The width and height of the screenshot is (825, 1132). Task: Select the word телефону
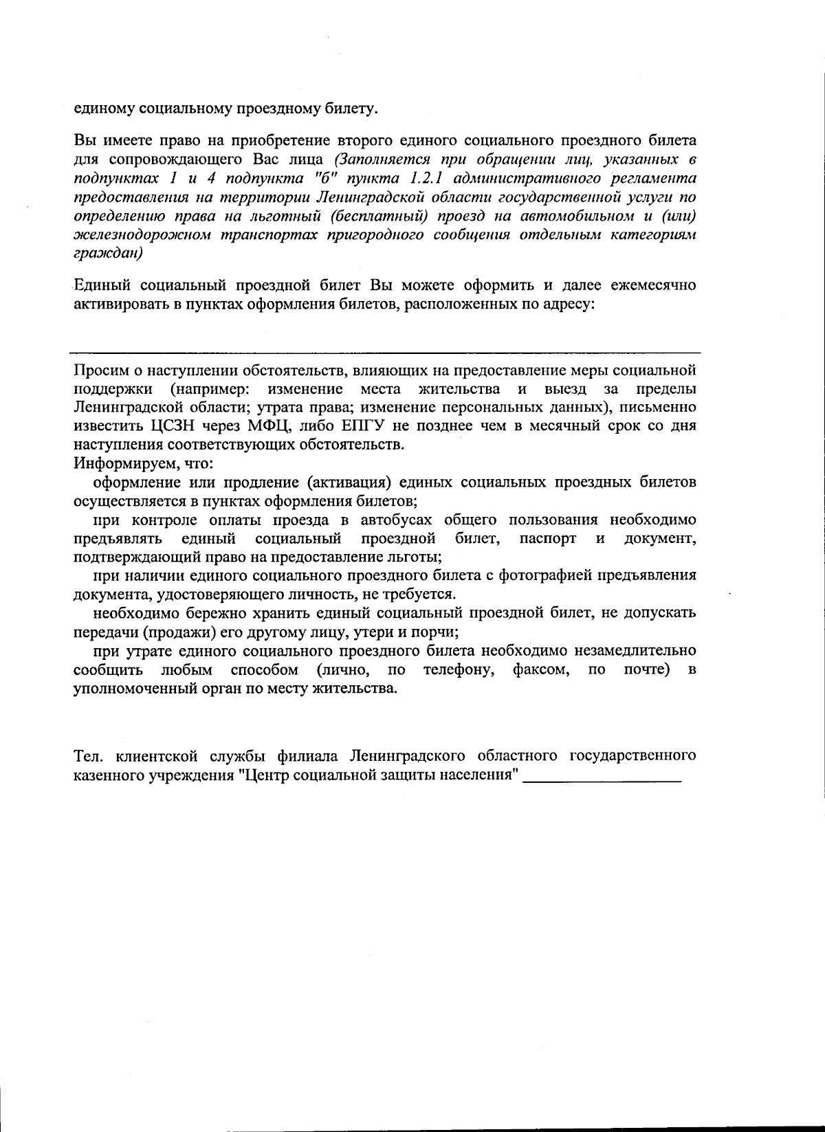(459, 669)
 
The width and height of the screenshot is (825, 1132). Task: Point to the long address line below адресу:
(385, 351)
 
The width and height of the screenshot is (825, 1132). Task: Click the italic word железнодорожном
(140, 234)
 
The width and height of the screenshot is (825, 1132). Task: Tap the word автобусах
(389, 520)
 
